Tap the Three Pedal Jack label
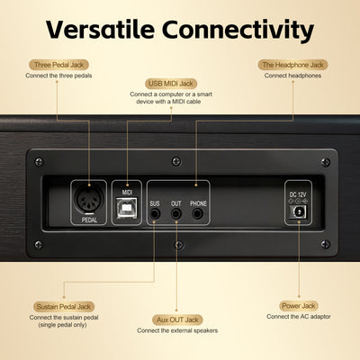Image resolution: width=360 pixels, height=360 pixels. pyautogui.click(x=58, y=65)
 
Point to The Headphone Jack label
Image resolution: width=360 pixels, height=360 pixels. pyautogui.click(x=293, y=65)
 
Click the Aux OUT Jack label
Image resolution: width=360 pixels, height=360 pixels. pyautogui.click(x=177, y=319)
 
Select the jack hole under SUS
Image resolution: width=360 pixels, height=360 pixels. pyautogui.click(x=155, y=213)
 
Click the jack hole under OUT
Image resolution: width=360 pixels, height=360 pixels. pyautogui.click(x=175, y=213)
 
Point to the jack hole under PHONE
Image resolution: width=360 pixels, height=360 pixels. pyautogui.click(x=197, y=213)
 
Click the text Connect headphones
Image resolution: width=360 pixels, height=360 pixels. pyautogui.click(x=293, y=76)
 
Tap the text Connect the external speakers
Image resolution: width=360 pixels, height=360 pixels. pyautogui.click(x=177, y=330)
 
